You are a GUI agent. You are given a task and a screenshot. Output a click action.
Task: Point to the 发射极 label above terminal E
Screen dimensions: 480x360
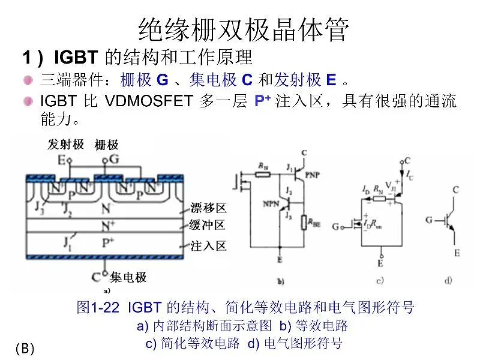point(65,145)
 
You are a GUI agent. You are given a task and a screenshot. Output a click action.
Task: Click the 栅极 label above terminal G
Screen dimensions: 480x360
point(106,145)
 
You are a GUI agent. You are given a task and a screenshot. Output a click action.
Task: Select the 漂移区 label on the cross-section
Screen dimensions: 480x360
point(208,208)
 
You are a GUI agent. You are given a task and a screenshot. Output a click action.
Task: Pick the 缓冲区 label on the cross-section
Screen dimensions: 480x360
point(208,226)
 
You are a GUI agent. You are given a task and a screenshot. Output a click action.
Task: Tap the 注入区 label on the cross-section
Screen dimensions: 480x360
point(208,246)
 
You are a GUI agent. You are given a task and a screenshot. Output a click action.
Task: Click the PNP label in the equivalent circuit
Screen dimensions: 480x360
point(313,175)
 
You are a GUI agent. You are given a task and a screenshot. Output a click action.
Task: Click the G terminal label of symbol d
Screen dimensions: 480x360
point(430,220)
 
